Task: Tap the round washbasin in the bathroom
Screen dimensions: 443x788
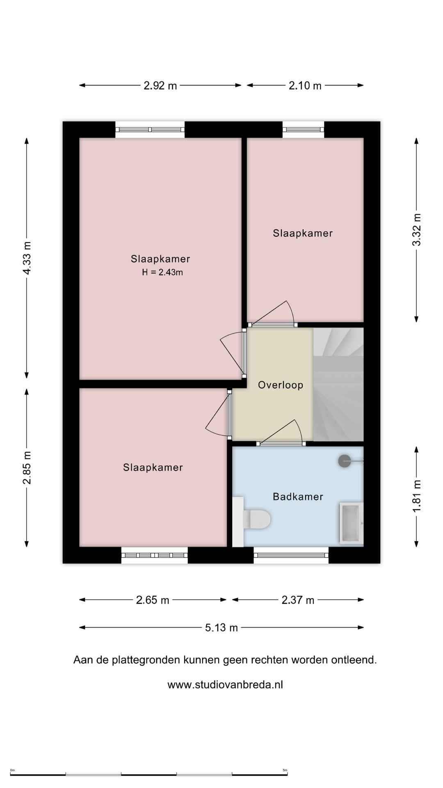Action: click(345, 461)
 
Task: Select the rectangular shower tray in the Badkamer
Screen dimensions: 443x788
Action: click(351, 523)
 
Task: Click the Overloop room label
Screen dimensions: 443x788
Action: click(281, 385)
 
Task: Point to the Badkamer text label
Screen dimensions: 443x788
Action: click(298, 497)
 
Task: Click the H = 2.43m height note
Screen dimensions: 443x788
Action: click(162, 272)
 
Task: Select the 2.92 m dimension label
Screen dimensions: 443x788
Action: click(160, 85)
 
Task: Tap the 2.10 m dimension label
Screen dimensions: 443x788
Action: click(305, 85)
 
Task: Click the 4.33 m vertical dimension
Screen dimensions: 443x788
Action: click(27, 258)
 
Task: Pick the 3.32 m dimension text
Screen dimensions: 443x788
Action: click(416, 230)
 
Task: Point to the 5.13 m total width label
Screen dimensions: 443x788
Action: click(221, 628)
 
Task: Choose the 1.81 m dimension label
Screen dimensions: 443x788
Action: click(416, 496)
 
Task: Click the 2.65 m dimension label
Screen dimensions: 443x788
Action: click(153, 600)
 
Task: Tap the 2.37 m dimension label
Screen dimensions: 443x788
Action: click(298, 600)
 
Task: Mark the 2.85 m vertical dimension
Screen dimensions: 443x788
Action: click(27, 467)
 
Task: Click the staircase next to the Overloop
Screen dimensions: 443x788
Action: click(338, 385)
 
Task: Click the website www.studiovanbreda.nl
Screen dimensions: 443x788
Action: click(225, 685)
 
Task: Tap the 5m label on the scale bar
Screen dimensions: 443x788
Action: click(285, 770)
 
